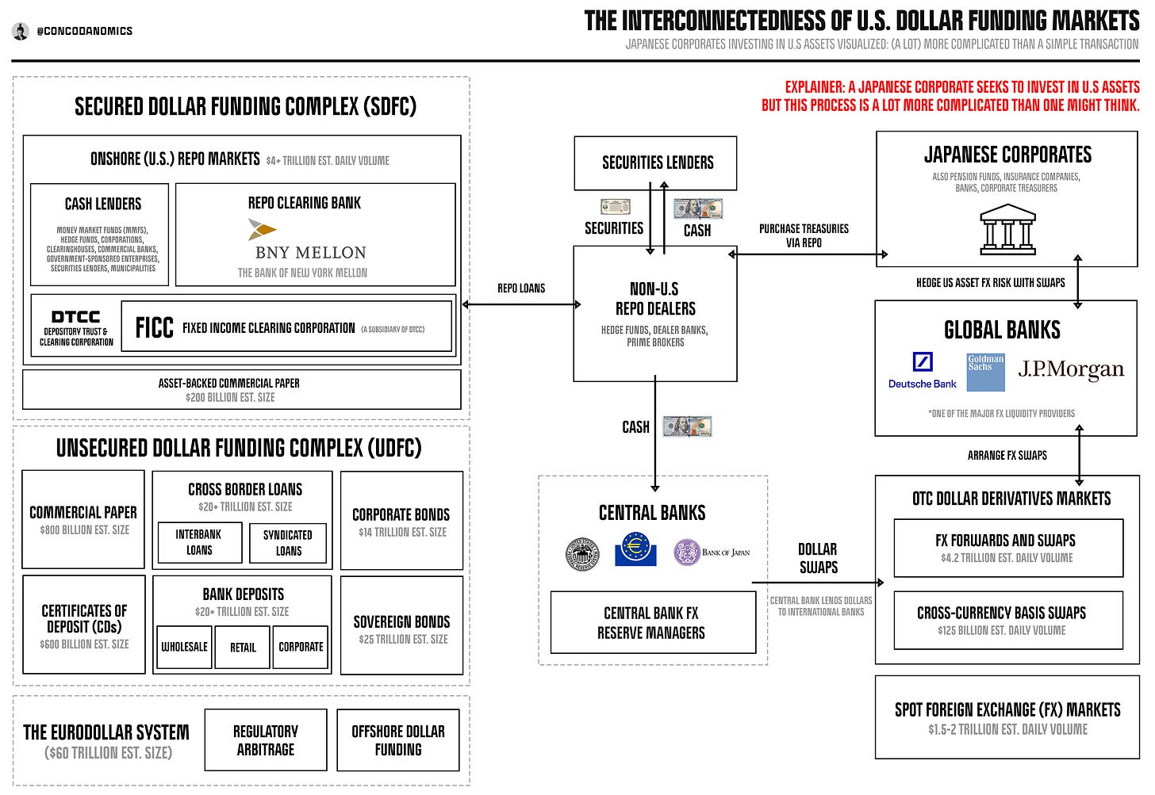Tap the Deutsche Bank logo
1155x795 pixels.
pos(922,371)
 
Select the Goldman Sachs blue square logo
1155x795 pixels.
pos(985,372)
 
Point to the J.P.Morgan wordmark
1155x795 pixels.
pos(1071,369)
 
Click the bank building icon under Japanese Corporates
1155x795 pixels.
pos(1007,229)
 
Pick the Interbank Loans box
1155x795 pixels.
pos(198,542)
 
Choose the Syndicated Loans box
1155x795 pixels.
pos(288,542)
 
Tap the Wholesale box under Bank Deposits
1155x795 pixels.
pos(185,647)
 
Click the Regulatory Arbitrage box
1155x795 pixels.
pos(266,740)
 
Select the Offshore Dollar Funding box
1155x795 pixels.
pos(398,740)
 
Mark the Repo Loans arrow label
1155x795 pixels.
pos(521,289)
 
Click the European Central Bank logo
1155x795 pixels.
pos(635,549)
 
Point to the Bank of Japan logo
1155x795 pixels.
pos(711,552)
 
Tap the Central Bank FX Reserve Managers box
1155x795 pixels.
pos(651,623)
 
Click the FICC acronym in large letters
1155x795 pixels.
pos(154,328)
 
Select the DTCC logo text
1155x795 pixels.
pos(76,317)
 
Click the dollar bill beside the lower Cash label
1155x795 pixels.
pos(687,426)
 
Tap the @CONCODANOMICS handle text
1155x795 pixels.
pos(84,31)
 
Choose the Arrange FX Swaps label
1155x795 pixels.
pos(1007,455)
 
